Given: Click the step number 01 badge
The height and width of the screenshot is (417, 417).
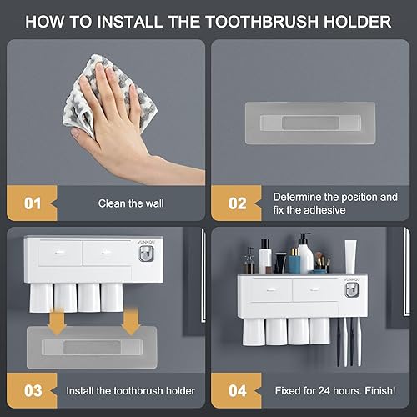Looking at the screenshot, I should [x=33, y=203].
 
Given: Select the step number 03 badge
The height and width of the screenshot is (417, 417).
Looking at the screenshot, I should [x=33, y=390].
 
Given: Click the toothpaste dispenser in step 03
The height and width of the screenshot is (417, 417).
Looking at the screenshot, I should [x=147, y=251].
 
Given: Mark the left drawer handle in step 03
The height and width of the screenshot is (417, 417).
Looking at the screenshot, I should [x=59, y=249].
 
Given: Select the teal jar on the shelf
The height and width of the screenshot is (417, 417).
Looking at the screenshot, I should [x=319, y=269].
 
